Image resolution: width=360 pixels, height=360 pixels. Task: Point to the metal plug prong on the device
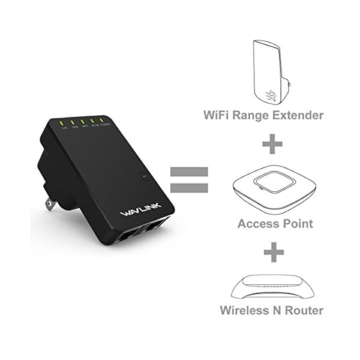(50, 204)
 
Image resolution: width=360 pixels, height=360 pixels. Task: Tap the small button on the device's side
(143, 176)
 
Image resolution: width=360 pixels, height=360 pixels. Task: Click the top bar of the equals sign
(189, 172)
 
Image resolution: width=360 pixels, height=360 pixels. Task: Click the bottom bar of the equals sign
(189, 188)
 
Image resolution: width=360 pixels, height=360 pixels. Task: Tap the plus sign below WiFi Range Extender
(273, 144)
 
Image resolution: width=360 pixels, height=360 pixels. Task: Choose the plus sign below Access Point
(273, 252)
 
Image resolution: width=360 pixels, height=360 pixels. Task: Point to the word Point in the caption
(296, 224)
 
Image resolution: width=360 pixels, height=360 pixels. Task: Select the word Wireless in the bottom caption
(242, 311)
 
